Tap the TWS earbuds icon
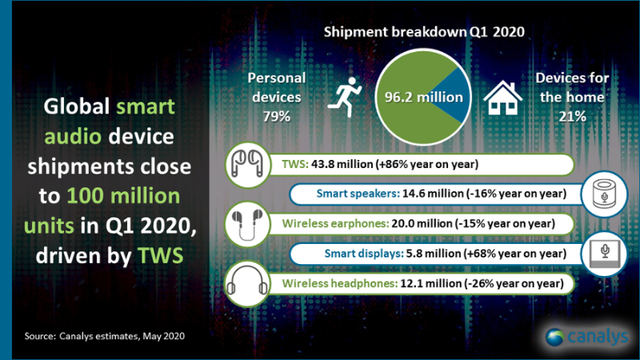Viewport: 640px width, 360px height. [247, 163]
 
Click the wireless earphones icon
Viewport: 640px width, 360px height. [247, 222]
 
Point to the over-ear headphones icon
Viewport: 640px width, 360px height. [247, 283]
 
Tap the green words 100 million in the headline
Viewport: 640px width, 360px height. [134, 196]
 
